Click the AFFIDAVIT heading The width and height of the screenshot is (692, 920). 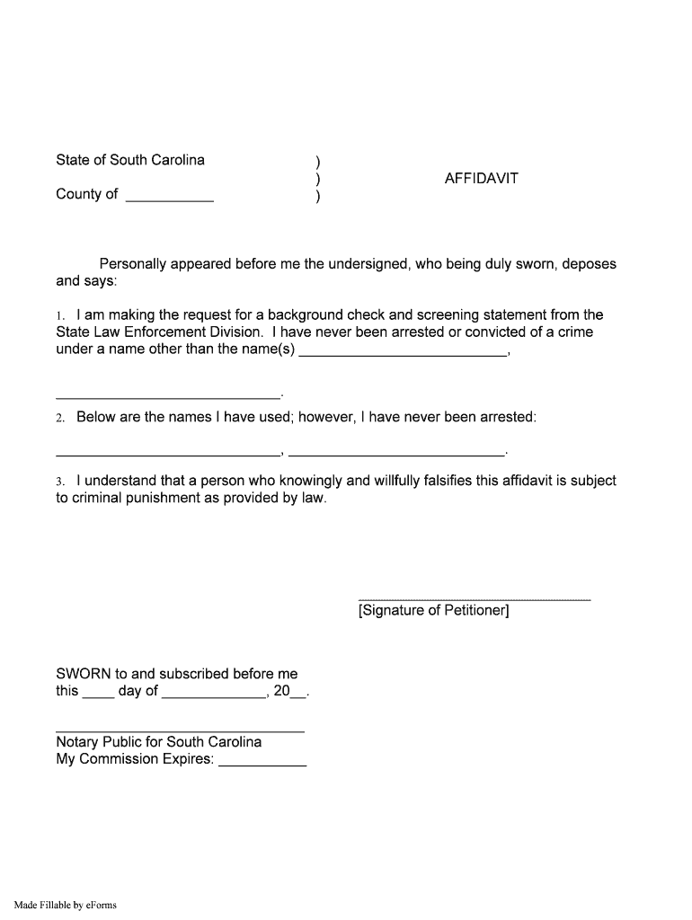[481, 178]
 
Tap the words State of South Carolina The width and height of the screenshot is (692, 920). [130, 160]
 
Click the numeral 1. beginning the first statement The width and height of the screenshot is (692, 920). [59, 316]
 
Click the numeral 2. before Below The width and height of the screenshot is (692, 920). [59, 418]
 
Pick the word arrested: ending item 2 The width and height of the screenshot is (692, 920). [507, 417]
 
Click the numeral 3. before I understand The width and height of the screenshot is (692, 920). [59, 482]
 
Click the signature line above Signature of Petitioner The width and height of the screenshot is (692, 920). [475, 596]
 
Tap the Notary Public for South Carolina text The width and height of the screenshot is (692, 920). [159, 742]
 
